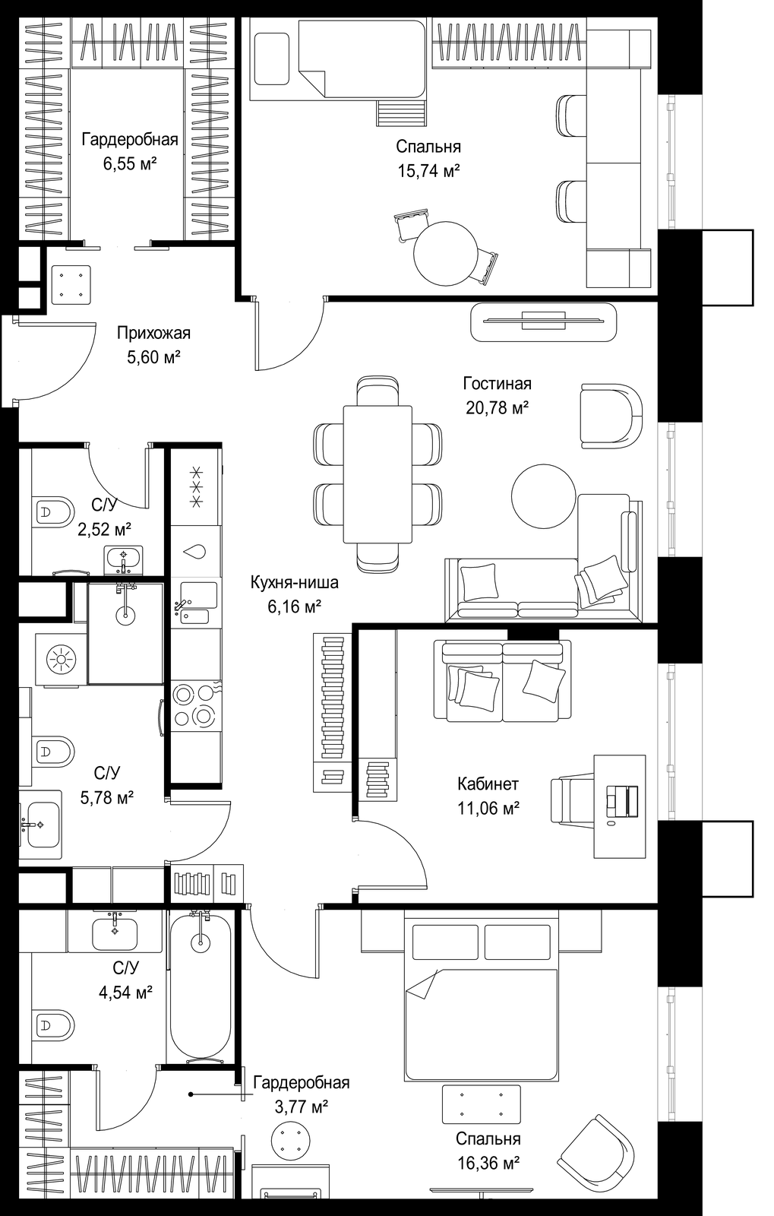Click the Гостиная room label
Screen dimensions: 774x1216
(497, 383)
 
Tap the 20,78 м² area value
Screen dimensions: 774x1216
(497, 407)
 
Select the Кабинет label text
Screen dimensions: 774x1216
(488, 784)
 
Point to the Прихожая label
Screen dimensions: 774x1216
(154, 333)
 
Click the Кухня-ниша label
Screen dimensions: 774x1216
(294, 582)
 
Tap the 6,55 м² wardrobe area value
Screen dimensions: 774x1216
(130, 163)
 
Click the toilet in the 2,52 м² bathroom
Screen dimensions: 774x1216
(53, 510)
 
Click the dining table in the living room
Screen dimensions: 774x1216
(378, 474)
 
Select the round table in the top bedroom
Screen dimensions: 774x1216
(446, 253)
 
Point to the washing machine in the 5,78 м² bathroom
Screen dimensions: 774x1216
(61, 660)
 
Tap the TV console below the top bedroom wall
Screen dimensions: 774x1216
(544, 322)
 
